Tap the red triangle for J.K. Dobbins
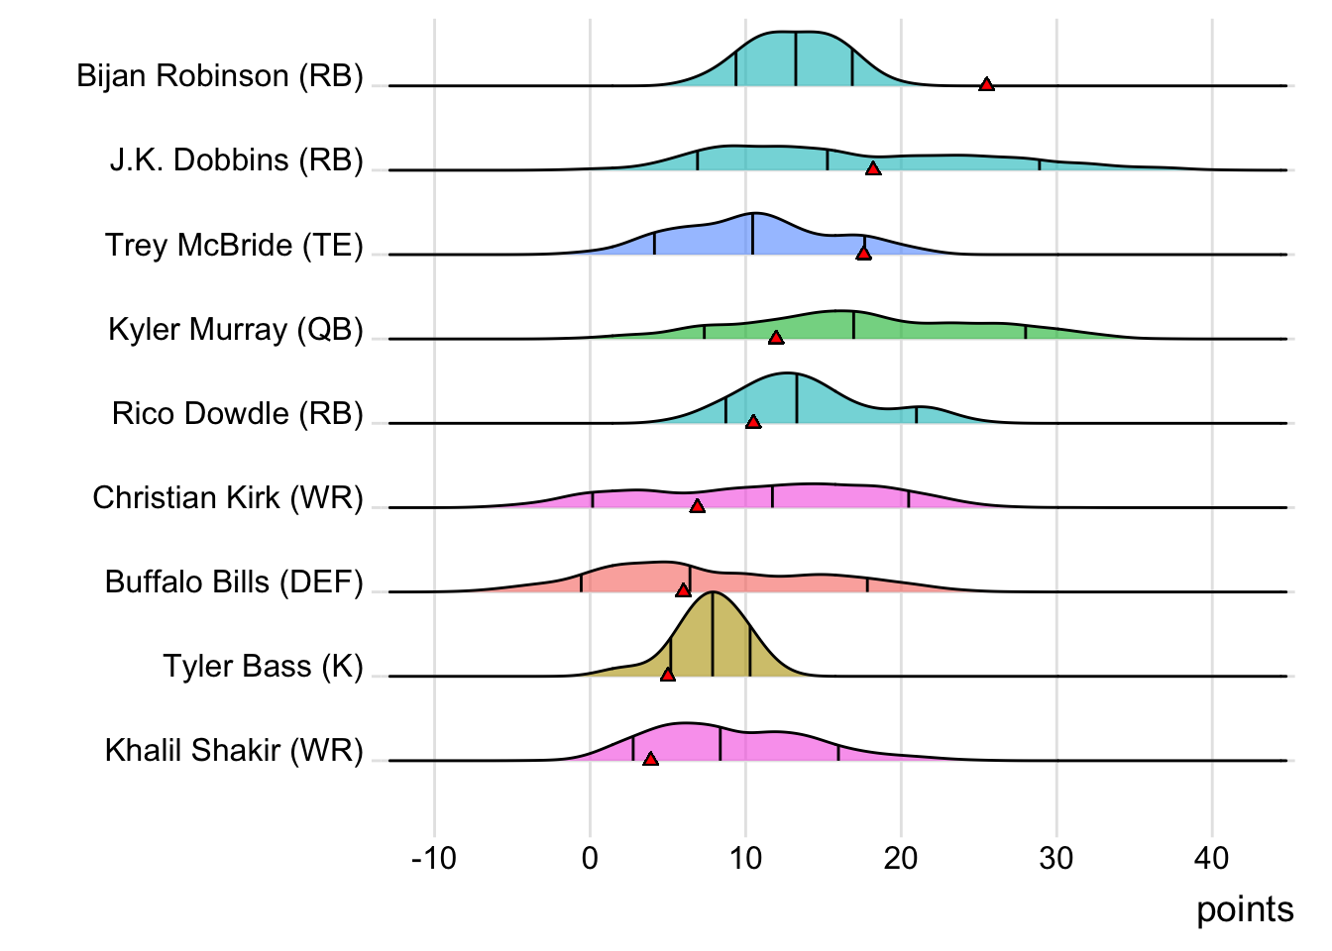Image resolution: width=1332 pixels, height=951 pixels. (x=873, y=169)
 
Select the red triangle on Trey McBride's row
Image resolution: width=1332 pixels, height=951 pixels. (x=863, y=254)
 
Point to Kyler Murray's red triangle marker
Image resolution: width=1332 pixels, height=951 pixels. (x=776, y=338)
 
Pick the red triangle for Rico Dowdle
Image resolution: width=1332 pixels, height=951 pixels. (x=753, y=422)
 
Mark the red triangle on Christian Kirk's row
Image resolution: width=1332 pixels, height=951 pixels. (x=698, y=506)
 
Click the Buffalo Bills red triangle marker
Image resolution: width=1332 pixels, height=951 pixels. (x=683, y=590)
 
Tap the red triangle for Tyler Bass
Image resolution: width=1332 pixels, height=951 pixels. (x=668, y=675)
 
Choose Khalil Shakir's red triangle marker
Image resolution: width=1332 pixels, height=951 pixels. (x=650, y=759)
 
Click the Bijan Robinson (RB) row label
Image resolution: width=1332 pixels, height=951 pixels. (x=220, y=76)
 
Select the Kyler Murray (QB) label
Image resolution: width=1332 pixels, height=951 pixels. (x=236, y=329)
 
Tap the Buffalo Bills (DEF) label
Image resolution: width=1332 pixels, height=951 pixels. (x=234, y=581)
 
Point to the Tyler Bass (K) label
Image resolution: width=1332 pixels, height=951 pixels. (x=264, y=666)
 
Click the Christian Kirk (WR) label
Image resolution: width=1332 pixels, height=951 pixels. (x=228, y=497)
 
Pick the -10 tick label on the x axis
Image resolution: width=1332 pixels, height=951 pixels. (x=434, y=858)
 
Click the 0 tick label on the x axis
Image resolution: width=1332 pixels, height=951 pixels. (x=591, y=858)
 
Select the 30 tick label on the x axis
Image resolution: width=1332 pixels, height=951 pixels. (x=1056, y=858)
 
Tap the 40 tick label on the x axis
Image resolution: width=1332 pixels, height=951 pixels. (x=1212, y=858)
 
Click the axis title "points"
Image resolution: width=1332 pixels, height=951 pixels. (x=1245, y=909)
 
